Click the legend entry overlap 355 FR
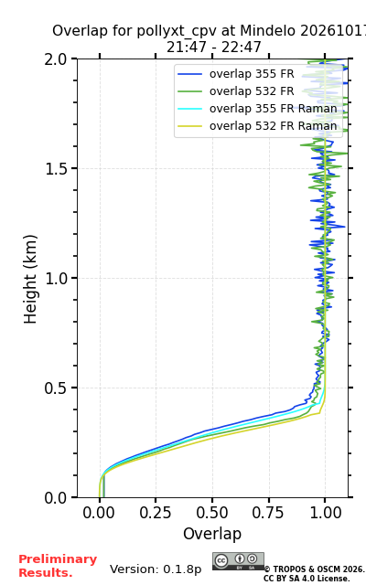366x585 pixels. point(236,74)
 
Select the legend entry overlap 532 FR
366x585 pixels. point(236,91)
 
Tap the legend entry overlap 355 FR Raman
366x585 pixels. point(257,109)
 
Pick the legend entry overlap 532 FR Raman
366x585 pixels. point(257,126)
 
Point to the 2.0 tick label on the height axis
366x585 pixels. point(56,59)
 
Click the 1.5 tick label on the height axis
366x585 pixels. point(56,169)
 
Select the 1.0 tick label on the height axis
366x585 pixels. point(56,278)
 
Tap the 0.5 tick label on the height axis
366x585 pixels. point(56,388)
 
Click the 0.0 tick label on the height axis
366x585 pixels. point(56,497)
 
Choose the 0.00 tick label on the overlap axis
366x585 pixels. point(99,513)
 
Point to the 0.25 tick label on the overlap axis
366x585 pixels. point(156,513)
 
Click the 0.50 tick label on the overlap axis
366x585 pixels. point(212,513)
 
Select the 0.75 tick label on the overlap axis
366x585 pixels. point(268,513)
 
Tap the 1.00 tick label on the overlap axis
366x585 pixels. point(326,513)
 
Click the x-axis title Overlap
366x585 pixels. point(212,534)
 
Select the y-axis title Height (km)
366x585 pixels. point(30,279)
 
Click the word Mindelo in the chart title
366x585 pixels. point(267,30)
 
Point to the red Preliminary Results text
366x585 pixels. point(58,566)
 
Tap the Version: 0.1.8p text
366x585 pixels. point(156,569)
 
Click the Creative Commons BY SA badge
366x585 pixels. point(238,561)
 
